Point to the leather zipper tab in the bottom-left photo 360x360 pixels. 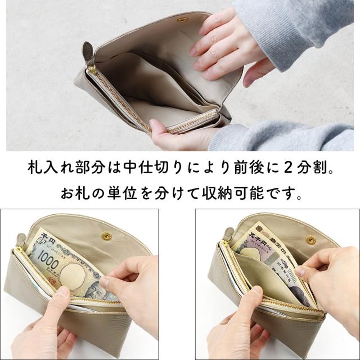22,236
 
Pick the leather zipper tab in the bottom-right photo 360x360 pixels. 228,233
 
